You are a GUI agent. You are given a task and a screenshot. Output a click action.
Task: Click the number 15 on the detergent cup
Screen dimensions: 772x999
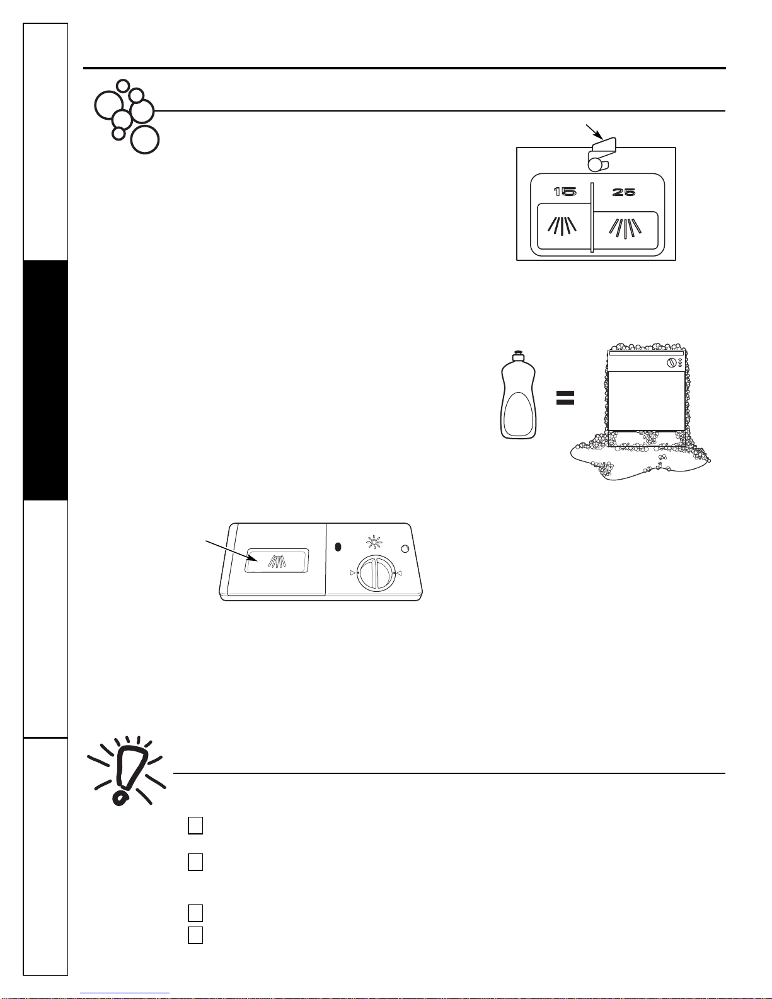(565, 192)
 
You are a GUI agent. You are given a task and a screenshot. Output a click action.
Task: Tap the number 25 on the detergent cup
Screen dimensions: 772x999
(623, 192)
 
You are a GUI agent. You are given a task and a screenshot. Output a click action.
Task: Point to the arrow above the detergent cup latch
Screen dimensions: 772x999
(594, 132)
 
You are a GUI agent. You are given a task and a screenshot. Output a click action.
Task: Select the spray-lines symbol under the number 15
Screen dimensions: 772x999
(562, 225)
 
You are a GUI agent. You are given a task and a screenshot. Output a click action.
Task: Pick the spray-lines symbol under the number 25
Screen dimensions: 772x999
(625, 228)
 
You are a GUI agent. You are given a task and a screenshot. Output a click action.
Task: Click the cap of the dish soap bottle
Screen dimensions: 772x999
(518, 355)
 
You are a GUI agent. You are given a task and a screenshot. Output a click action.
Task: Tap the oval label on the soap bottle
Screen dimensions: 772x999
(518, 413)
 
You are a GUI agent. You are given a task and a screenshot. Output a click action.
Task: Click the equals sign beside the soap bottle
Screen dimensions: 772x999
(565, 398)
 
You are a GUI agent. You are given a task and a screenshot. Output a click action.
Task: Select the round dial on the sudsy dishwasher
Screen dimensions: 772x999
(672, 363)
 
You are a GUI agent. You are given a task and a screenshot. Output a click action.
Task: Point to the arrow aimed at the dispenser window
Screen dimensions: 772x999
(232, 551)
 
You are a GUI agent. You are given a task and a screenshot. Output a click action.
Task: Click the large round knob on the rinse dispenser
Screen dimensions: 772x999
(376, 574)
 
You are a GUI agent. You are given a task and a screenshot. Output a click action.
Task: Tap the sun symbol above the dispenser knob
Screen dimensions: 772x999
(374, 543)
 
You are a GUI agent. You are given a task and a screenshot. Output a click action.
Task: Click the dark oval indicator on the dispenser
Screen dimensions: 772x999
(338, 547)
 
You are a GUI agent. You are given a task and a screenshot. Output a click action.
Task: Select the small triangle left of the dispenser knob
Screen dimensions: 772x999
(352, 573)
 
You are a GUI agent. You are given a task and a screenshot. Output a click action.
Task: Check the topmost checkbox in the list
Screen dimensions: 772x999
(195, 825)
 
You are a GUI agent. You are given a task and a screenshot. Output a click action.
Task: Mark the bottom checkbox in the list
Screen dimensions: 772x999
(195, 935)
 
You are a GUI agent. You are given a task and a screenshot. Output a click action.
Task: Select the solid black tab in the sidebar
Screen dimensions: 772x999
(45, 380)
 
